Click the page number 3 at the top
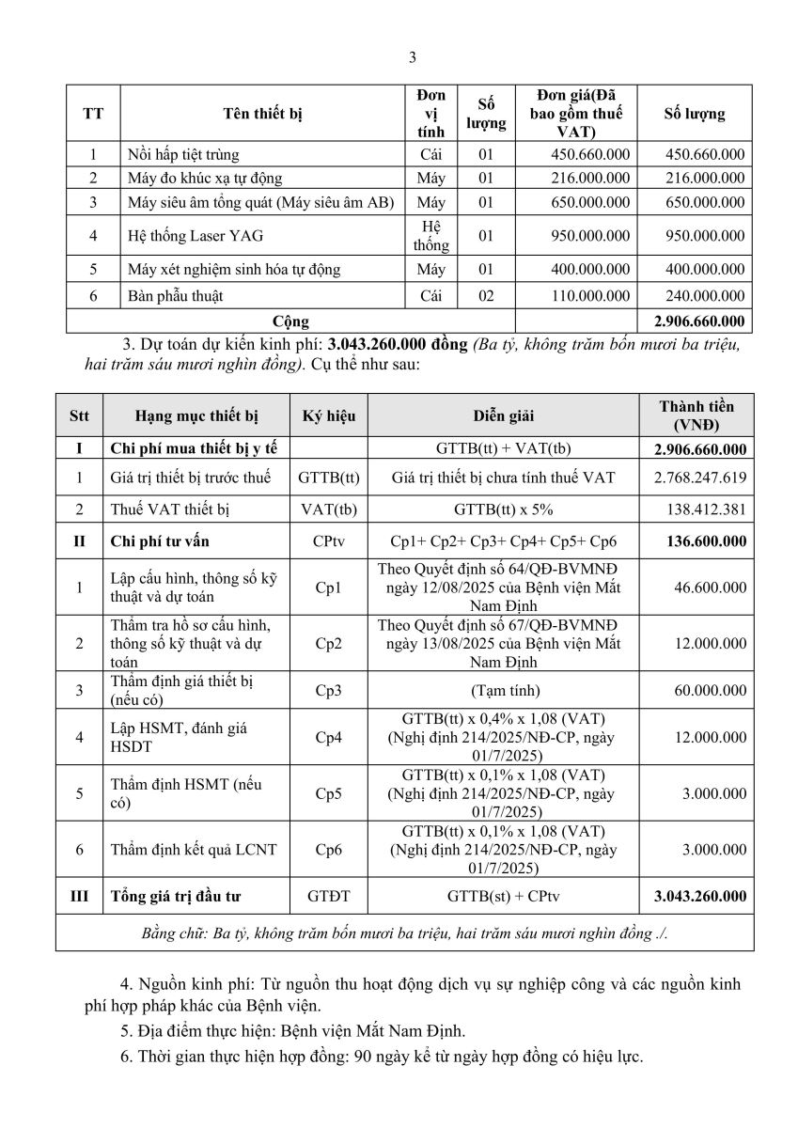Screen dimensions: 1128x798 click(412, 56)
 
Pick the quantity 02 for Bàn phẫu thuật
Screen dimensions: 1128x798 click(485, 296)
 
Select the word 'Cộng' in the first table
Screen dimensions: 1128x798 click(289, 321)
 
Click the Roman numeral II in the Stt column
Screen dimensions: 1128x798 click(79, 541)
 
